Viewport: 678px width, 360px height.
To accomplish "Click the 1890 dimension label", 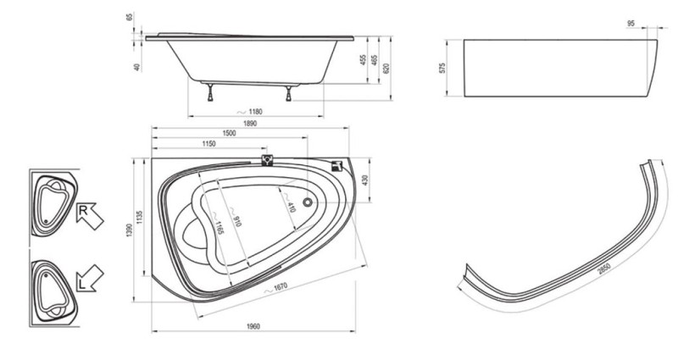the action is click(249, 124).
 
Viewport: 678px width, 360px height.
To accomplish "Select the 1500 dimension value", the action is click(229, 134).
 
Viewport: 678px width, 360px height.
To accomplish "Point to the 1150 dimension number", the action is click(208, 144).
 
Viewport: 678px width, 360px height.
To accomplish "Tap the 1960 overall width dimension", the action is click(253, 327).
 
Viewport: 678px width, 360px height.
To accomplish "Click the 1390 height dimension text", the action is click(130, 230).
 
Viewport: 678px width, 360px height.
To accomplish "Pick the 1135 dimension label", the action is click(139, 218).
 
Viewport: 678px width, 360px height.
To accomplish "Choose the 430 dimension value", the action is click(364, 180).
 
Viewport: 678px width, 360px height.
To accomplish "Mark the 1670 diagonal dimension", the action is click(280, 287).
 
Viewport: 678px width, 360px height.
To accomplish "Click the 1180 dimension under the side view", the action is click(255, 112).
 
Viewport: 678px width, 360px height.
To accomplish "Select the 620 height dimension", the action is click(386, 69).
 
